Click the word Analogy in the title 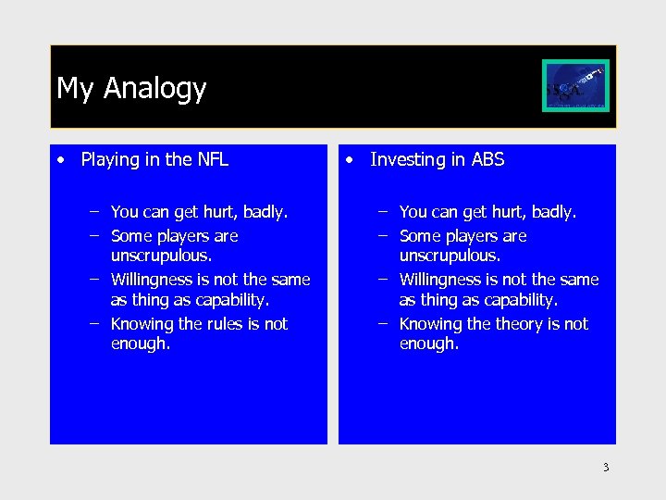[154, 89]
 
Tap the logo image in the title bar [575, 86]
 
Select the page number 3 [606, 468]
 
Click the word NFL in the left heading [213, 159]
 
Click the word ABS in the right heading [487, 159]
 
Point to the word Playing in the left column [108, 160]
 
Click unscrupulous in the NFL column [161, 256]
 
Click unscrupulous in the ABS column [450, 256]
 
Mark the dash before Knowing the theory [384, 323]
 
